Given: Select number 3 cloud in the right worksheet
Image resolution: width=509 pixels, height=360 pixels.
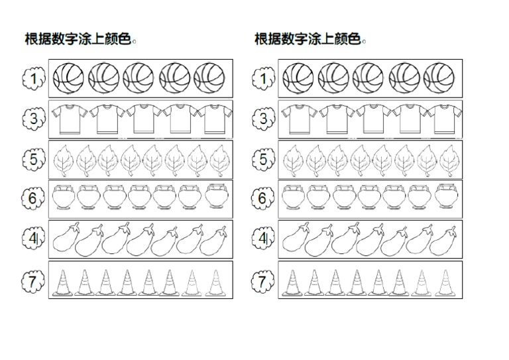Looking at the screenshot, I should pyautogui.click(x=263, y=119).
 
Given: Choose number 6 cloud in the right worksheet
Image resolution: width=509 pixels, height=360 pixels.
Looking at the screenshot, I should pyautogui.click(x=263, y=198).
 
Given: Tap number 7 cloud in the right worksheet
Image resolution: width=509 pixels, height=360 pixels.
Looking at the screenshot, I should pyautogui.click(x=263, y=281).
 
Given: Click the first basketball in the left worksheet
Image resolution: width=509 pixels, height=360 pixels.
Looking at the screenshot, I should pyautogui.click(x=68, y=78).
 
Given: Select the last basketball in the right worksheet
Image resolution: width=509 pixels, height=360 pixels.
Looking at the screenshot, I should pyautogui.click(x=439, y=78).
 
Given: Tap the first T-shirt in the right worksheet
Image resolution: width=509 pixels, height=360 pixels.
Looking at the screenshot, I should pyautogui.click(x=296, y=119).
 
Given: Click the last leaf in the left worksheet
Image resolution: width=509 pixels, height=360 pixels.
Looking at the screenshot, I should pyautogui.click(x=219, y=160).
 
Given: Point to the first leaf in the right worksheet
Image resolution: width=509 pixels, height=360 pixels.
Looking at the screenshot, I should pyautogui.click(x=294, y=160).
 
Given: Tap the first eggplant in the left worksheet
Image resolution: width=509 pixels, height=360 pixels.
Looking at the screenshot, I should pyautogui.click(x=65, y=239).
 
